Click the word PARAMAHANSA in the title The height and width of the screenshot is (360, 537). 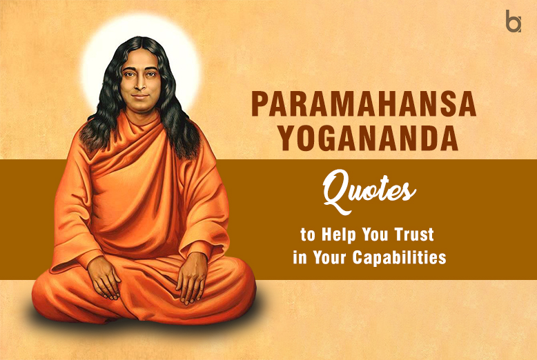tap(354, 103)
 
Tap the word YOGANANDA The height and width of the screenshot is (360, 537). tap(355, 137)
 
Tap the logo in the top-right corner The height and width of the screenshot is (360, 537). tap(514, 21)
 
